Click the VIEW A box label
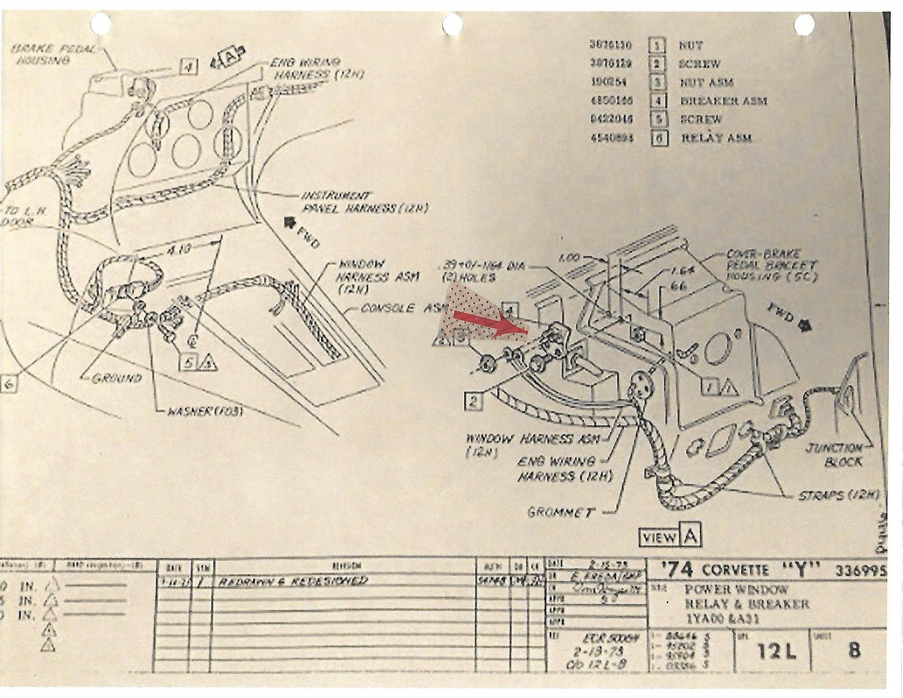(670, 537)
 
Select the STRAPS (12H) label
(838, 495)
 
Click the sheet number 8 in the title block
(854, 651)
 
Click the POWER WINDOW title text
(736, 589)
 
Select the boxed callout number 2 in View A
(473, 401)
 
